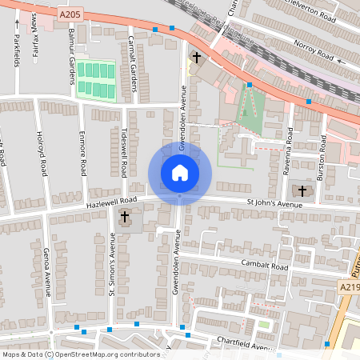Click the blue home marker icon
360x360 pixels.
pyautogui.click(x=180, y=173)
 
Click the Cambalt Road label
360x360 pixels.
pyautogui.click(x=264, y=265)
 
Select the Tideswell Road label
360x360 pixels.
pyautogui.click(x=125, y=152)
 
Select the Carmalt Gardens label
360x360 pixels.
pyautogui.click(x=132, y=64)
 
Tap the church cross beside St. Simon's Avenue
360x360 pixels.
pyautogui.click(x=125, y=217)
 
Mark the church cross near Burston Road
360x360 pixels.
pyautogui.click(x=302, y=190)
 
